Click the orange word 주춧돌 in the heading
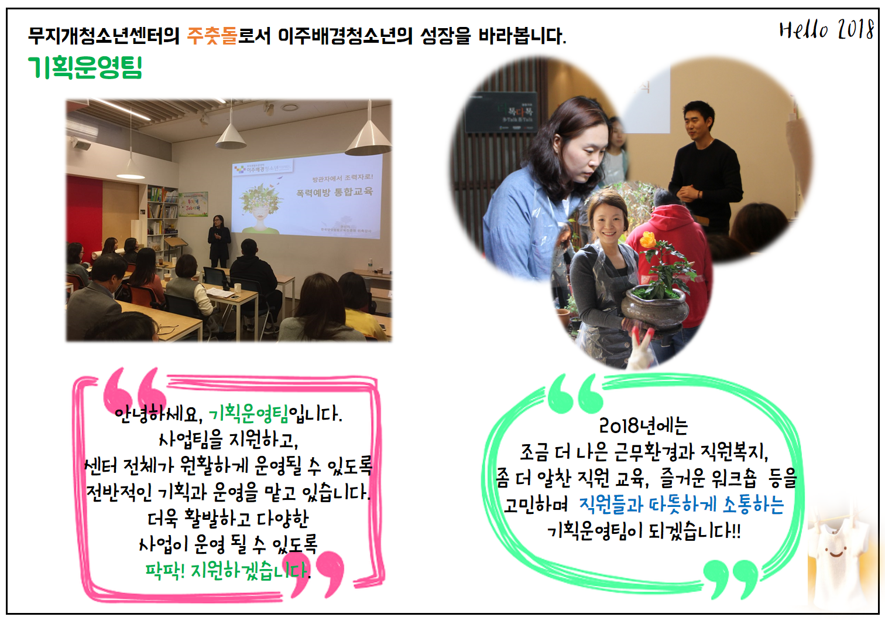tap(212, 36)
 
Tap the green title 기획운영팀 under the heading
tap(85, 67)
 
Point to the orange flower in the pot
tap(647, 239)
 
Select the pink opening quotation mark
tap(135, 390)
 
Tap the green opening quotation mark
tap(575, 394)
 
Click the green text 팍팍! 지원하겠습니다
tap(228, 570)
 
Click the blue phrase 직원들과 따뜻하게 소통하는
tap(681, 505)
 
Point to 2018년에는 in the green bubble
tap(643, 425)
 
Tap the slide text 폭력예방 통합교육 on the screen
tap(334, 192)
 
